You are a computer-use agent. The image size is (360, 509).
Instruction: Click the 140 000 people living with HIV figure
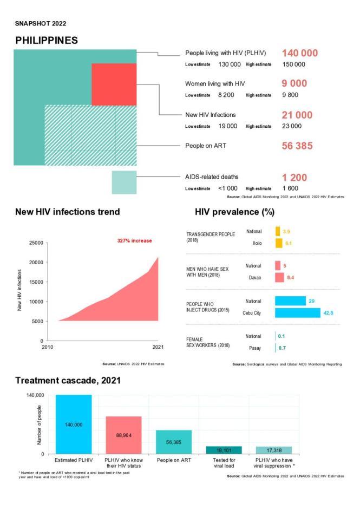tap(299, 53)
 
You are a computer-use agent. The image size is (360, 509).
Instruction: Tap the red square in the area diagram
tap(114, 84)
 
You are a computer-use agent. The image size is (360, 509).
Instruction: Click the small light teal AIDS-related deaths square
tap(124, 182)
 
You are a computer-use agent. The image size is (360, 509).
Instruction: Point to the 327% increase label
tap(135, 240)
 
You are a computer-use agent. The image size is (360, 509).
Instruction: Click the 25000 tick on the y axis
tap(36, 243)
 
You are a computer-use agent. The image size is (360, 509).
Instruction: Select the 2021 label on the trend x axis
tap(158, 347)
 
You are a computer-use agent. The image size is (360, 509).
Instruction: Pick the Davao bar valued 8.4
tap(279, 277)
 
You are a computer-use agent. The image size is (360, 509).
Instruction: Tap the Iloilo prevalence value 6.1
tap(289, 243)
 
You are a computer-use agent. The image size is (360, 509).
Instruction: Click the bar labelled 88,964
tap(123, 435)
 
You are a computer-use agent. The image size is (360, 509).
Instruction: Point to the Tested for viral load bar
tap(224, 450)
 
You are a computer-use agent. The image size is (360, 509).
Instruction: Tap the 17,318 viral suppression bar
tap(273, 450)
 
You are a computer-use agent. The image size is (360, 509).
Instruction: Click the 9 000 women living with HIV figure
tap(294, 83)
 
